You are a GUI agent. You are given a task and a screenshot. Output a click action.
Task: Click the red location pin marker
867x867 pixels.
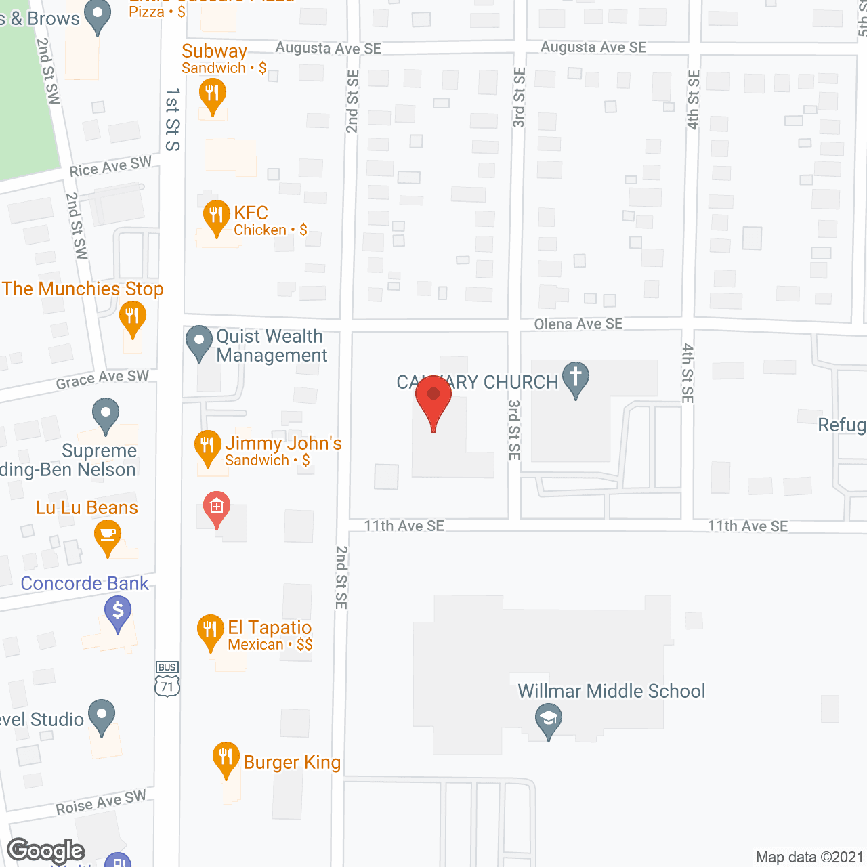[x=433, y=400]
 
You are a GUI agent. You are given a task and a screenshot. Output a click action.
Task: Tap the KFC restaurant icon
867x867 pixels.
[x=216, y=217]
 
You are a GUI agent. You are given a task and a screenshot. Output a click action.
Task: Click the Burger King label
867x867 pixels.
[x=292, y=763]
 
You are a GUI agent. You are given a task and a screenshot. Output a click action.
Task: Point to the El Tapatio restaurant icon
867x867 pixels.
[x=210, y=631]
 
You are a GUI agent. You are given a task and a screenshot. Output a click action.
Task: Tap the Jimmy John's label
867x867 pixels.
[x=283, y=444]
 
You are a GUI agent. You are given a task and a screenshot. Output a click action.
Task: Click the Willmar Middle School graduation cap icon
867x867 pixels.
[x=549, y=719]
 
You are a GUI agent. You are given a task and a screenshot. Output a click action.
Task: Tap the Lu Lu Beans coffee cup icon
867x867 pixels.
[x=108, y=536]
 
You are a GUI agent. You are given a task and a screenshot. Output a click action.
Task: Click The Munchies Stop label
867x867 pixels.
[x=83, y=289]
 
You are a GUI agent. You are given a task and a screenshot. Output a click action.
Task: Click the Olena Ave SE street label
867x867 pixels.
[x=578, y=324]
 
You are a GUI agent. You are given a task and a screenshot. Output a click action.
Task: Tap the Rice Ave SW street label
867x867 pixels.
[x=110, y=167]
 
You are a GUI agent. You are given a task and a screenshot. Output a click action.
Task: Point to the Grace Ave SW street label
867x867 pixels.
[x=102, y=379]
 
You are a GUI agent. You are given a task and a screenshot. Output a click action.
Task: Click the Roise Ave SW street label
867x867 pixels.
[x=101, y=803]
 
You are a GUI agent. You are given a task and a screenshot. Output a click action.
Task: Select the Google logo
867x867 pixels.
[x=46, y=851]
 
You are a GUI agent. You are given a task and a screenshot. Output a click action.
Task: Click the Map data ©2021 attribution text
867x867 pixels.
[x=809, y=857]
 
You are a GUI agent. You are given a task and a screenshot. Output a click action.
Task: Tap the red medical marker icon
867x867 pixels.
[x=217, y=507]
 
